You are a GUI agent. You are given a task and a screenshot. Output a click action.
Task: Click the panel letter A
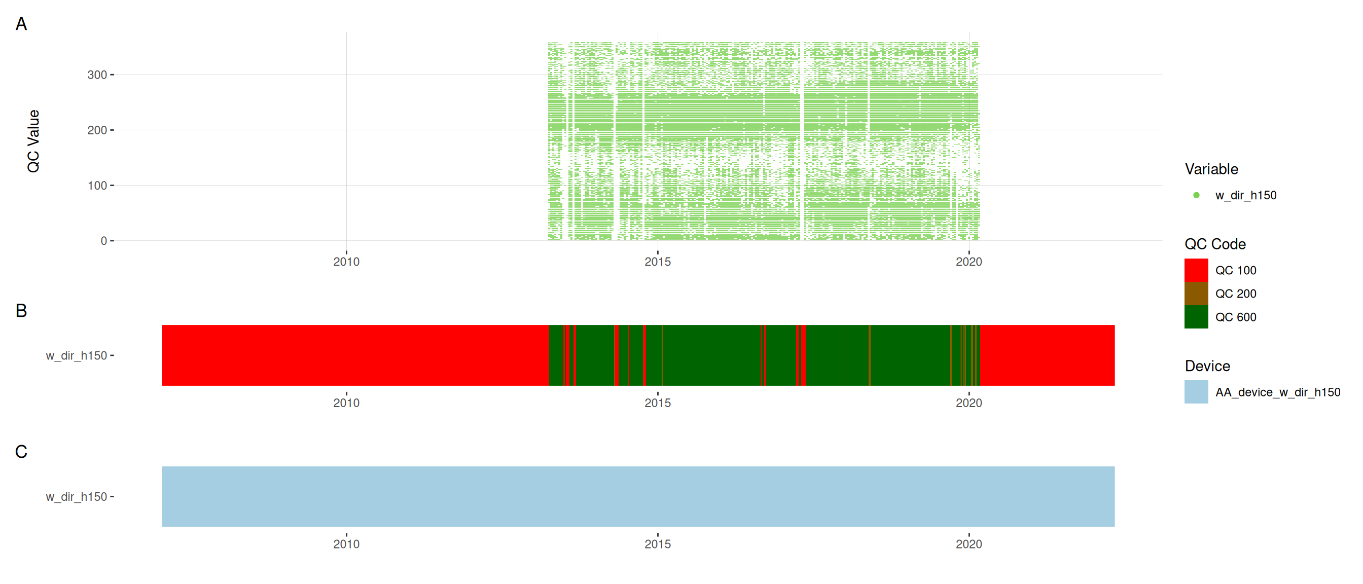coord(21,24)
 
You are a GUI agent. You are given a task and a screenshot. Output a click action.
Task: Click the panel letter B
coord(21,311)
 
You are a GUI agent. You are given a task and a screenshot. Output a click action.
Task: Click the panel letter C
coord(21,452)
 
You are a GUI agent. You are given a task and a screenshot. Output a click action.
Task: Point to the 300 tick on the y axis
coord(97,75)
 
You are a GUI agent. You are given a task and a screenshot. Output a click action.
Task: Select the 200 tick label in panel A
coord(97,130)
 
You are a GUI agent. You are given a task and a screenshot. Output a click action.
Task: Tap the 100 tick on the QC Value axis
coord(97,186)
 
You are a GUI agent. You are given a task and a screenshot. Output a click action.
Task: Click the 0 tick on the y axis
coord(104,241)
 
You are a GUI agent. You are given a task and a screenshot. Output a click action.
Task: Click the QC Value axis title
coord(33,141)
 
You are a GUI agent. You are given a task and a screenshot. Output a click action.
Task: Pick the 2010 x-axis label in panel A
coord(346,262)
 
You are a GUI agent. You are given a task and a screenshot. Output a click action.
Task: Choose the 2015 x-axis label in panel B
coord(657,403)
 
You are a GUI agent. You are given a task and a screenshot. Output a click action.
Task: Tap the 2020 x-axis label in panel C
coord(969,544)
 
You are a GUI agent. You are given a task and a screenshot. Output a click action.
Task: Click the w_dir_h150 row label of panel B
coord(76,355)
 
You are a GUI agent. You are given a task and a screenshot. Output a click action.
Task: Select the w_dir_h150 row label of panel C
coord(76,497)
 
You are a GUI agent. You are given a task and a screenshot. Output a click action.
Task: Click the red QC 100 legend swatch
coord(1196,270)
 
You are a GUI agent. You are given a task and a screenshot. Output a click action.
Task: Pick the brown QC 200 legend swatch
coord(1196,294)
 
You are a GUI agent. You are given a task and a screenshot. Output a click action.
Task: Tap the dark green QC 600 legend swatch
coord(1196,317)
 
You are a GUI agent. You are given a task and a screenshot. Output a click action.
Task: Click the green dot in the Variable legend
coord(1196,195)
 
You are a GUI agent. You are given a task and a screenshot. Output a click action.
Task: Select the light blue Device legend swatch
coord(1196,392)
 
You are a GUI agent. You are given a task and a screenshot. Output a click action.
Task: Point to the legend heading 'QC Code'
coord(1215,244)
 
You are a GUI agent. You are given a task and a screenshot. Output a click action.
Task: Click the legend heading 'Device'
coord(1207,366)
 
